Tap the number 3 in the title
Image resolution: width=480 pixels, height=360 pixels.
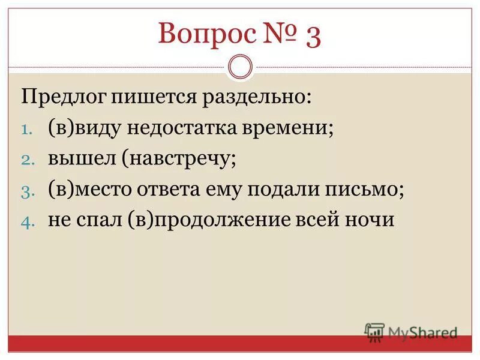(313, 36)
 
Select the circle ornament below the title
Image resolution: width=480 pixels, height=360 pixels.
(241, 67)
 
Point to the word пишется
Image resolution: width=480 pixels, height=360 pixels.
(146, 96)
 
